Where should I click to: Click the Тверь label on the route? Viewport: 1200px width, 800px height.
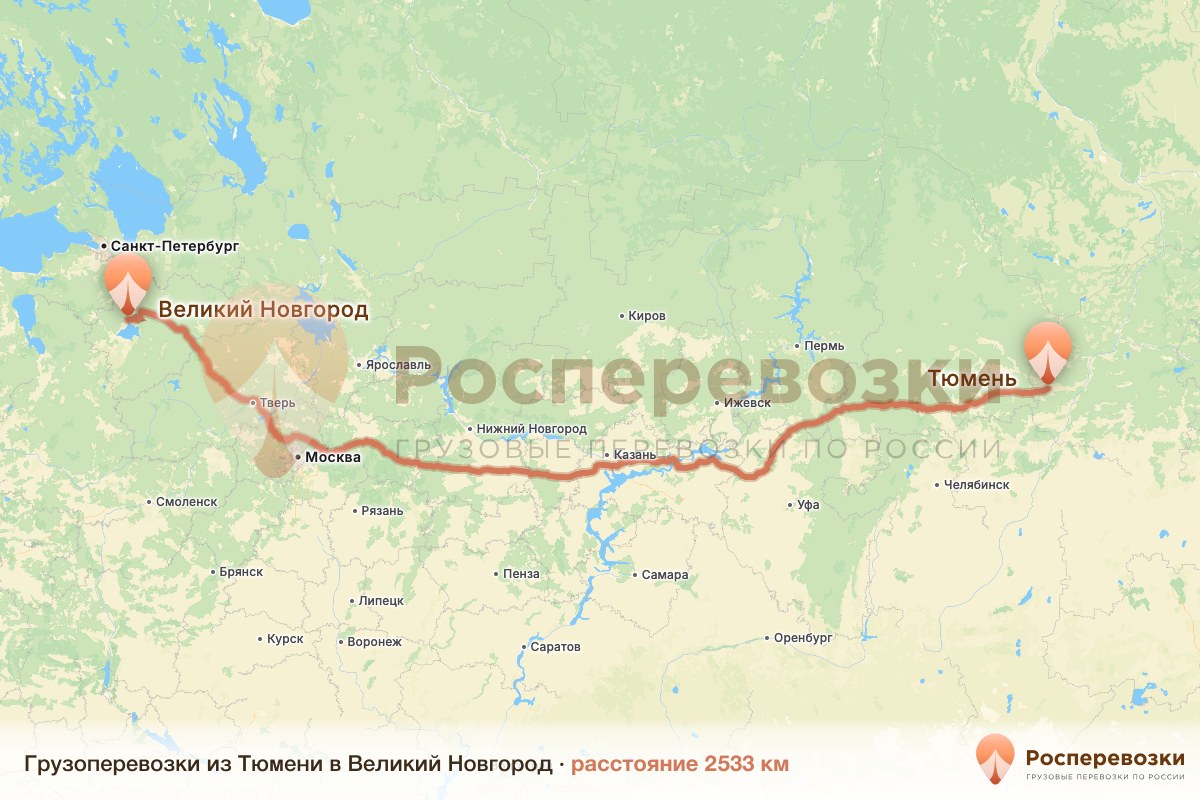click(277, 403)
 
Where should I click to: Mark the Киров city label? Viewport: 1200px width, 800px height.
click(647, 316)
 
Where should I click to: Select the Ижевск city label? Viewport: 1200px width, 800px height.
click(747, 403)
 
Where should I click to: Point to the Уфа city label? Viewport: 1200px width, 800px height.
click(808, 505)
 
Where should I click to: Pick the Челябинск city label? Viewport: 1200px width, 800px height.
click(976, 485)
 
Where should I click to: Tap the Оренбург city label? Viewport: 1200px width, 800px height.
click(802, 637)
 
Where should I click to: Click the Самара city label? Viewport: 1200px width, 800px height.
click(665, 575)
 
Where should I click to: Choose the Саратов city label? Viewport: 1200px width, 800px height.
click(555, 647)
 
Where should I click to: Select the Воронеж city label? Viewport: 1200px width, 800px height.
click(373, 641)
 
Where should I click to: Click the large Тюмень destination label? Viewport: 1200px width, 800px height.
click(972, 379)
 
